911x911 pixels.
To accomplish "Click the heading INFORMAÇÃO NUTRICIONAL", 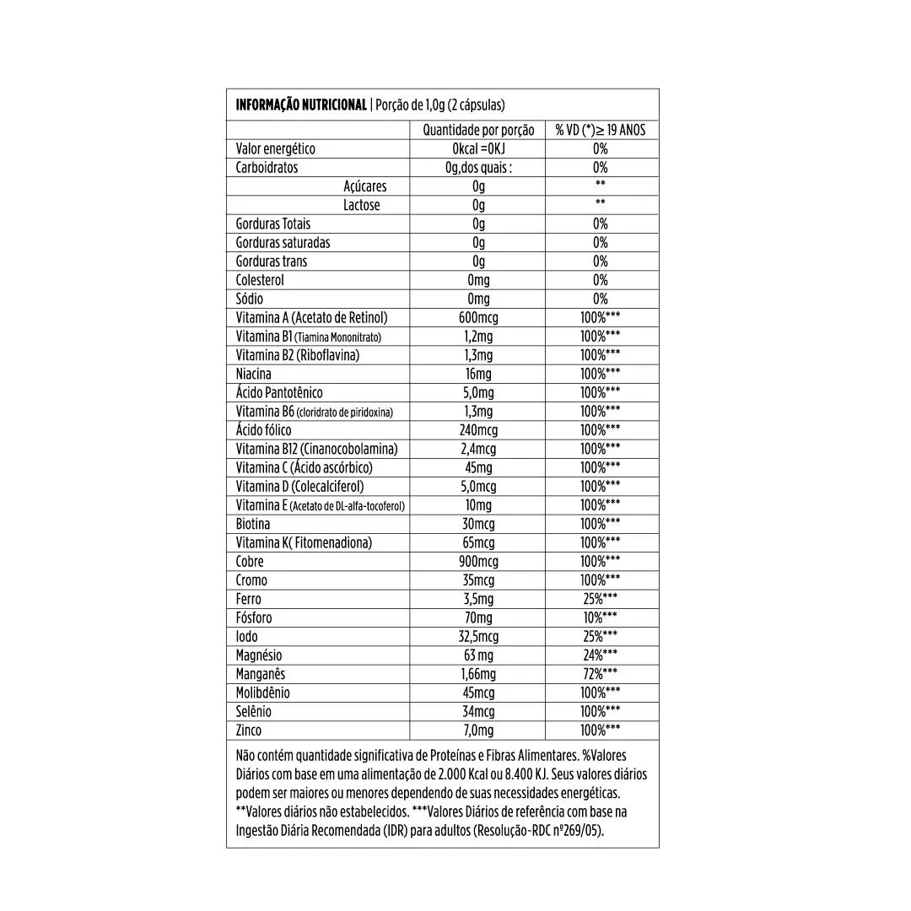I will click(301, 105).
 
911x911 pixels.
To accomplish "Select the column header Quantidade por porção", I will click(478, 130).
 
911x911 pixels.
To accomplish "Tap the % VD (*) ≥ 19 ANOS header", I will click(601, 130).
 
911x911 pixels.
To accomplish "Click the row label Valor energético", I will click(276, 148).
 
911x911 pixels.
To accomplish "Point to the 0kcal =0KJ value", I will click(478, 148).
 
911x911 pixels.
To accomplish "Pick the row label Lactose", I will click(361, 205).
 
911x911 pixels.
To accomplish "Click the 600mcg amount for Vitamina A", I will click(478, 317).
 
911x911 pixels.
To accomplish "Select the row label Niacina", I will click(254, 374).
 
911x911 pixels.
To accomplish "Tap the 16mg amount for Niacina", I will click(478, 374).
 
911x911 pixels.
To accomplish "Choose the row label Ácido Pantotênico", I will click(279, 392).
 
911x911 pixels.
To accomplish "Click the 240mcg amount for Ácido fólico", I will click(478, 430).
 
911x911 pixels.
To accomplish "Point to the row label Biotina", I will click(253, 524).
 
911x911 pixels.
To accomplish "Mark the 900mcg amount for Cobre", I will click(478, 561).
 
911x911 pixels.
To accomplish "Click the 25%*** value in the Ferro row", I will click(601, 599).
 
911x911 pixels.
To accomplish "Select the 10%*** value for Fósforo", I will click(601, 617).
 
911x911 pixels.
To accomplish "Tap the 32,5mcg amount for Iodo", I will click(478, 636).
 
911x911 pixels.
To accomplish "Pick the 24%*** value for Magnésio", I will click(601, 655).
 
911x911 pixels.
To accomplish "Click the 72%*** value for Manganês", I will click(601, 673).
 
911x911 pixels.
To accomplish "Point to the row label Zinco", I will click(249, 730).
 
